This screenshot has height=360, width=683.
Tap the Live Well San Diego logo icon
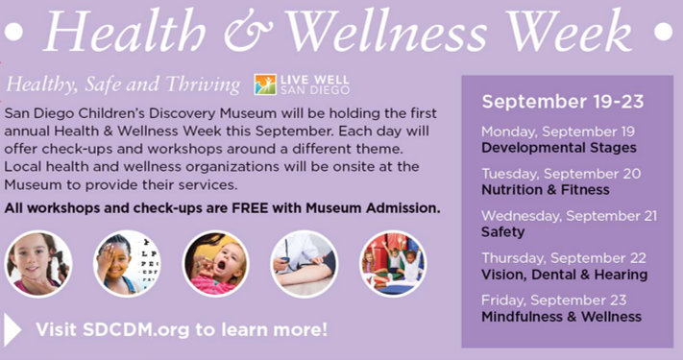coord(264,84)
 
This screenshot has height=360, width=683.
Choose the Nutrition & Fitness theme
coord(531,190)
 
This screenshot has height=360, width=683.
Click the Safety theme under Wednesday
coord(502,231)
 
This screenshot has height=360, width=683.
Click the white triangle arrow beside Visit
coord(13,329)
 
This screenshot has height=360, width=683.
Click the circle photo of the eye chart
coord(128,264)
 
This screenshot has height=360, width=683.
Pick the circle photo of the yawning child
coord(216,264)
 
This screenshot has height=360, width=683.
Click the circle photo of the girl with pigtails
coord(38,264)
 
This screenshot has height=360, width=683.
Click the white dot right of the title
coord(662,32)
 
